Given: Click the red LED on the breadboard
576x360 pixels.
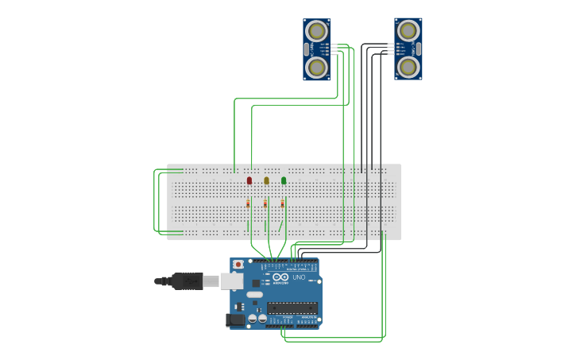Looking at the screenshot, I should click(x=249, y=180).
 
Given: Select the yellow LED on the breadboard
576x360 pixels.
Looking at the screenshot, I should click(x=266, y=180).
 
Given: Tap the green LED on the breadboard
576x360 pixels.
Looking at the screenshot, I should click(x=284, y=180).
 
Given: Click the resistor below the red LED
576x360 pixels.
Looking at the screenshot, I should click(x=248, y=204).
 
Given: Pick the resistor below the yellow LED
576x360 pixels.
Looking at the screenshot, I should click(x=265, y=204).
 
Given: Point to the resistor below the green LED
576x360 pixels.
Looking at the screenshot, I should click(x=282, y=204).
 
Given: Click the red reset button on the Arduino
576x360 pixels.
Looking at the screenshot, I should click(x=238, y=264).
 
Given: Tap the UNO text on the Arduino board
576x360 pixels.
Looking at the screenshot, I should click(x=299, y=277).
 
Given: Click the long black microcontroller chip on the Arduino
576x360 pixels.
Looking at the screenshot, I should click(x=293, y=308).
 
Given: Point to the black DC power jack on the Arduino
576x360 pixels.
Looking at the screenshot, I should click(x=235, y=320).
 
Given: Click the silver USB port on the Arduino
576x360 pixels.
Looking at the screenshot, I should click(x=231, y=281).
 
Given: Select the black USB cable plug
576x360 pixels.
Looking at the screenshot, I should click(x=187, y=281).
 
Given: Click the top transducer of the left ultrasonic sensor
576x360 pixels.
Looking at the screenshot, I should click(x=317, y=31).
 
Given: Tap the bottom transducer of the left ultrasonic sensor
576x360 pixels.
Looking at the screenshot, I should click(x=317, y=67).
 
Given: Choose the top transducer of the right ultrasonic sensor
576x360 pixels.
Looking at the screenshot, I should click(x=408, y=31).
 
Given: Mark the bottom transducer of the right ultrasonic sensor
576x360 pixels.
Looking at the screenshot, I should click(x=408, y=67).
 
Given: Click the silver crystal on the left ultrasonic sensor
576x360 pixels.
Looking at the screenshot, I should click(x=307, y=49).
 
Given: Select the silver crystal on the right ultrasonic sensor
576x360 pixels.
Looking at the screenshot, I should click(x=418, y=49).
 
